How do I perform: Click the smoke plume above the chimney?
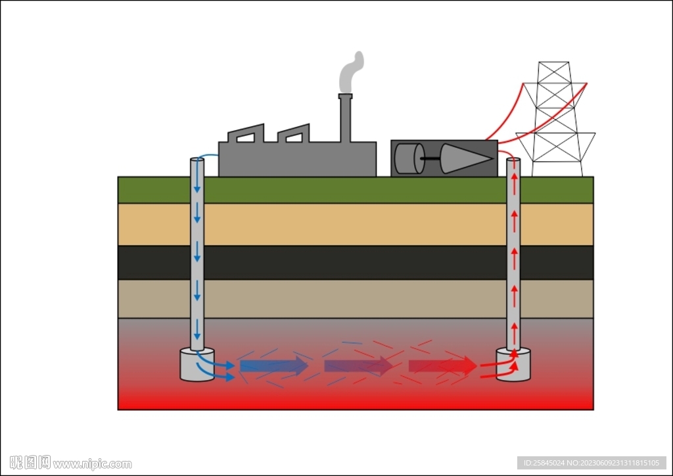[350, 73]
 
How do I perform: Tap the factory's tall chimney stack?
[345, 118]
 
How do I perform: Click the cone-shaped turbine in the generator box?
[463, 158]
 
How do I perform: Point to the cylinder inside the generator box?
[409, 158]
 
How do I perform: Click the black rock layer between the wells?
[355, 262]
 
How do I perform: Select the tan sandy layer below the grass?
[355, 224]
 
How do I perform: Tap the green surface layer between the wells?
[355, 190]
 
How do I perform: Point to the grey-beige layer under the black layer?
[355, 298]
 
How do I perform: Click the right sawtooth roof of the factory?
[294, 134]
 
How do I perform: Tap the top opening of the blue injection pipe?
[197, 160]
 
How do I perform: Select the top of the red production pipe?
[513, 160]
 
